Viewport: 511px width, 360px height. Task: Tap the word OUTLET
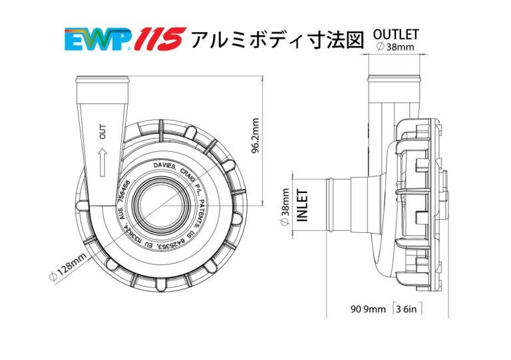pos(396,34)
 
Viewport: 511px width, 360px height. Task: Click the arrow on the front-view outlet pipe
pos(102,162)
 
